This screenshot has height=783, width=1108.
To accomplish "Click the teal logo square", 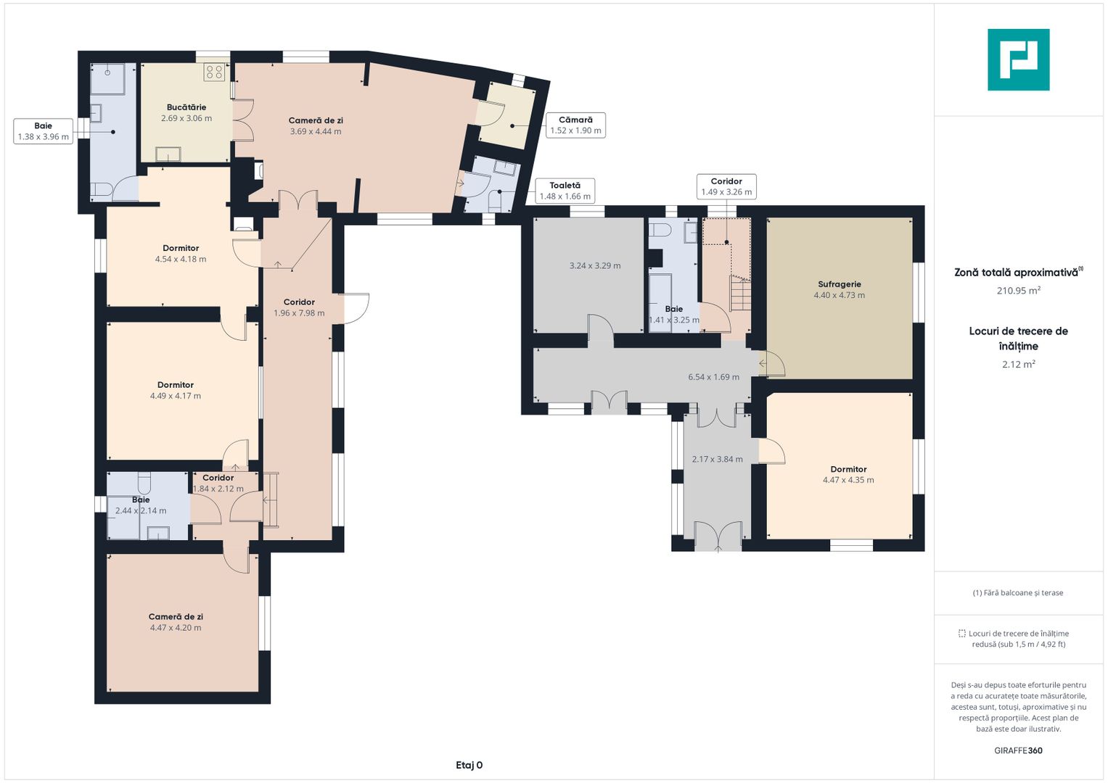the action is pyautogui.click(x=1019, y=59).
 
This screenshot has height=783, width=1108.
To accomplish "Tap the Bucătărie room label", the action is pyautogui.click(x=186, y=107).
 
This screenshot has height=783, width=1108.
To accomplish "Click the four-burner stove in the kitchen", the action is pyautogui.click(x=215, y=72).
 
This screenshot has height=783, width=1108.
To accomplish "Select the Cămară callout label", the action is pyautogui.click(x=575, y=125).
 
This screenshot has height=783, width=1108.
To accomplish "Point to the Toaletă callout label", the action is pyautogui.click(x=565, y=191).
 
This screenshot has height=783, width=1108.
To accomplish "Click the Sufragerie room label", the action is pyautogui.click(x=840, y=284).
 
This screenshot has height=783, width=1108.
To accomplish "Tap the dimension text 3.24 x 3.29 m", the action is pyautogui.click(x=595, y=266).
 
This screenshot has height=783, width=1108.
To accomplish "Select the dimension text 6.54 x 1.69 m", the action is pyautogui.click(x=714, y=377).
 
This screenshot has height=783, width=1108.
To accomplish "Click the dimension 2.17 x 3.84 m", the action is pyautogui.click(x=717, y=459).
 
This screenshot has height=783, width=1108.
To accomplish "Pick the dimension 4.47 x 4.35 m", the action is pyautogui.click(x=848, y=480).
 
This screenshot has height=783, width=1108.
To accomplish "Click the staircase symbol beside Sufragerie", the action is pyautogui.click(x=740, y=294).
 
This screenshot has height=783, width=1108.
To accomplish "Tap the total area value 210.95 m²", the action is pyautogui.click(x=1019, y=291).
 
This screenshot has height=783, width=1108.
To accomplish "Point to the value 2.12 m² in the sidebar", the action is pyautogui.click(x=1019, y=364).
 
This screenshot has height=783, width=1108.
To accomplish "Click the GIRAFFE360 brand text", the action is pyautogui.click(x=1019, y=750).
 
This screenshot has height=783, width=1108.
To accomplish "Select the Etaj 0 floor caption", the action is pyautogui.click(x=469, y=765).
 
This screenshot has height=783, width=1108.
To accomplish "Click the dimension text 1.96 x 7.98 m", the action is pyautogui.click(x=299, y=313).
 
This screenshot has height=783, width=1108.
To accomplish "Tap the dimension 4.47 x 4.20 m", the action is pyautogui.click(x=176, y=628).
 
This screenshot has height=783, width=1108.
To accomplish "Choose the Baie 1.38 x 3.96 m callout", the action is pyautogui.click(x=44, y=131).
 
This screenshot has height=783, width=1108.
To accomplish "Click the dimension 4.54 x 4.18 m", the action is pyautogui.click(x=181, y=259).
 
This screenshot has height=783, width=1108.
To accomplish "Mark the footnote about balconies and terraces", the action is pyautogui.click(x=1018, y=593).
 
